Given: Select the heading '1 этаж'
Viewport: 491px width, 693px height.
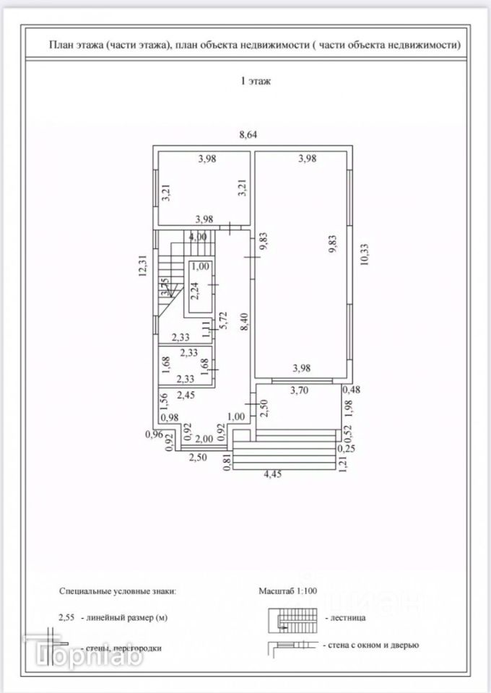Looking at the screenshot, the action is pyautogui.click(x=255, y=82).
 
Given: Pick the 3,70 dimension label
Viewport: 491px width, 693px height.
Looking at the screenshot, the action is pyautogui.click(x=300, y=391).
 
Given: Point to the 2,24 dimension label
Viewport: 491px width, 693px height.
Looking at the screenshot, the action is pyautogui.click(x=194, y=290).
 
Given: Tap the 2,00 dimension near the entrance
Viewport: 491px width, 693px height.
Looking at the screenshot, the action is pyautogui.click(x=204, y=439).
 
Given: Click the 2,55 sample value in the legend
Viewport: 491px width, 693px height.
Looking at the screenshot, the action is pyautogui.click(x=68, y=618).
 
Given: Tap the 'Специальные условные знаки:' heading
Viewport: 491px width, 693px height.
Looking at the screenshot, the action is pyautogui.click(x=118, y=590).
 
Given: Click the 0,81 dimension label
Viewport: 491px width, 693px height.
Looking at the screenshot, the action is pyautogui.click(x=229, y=462).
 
